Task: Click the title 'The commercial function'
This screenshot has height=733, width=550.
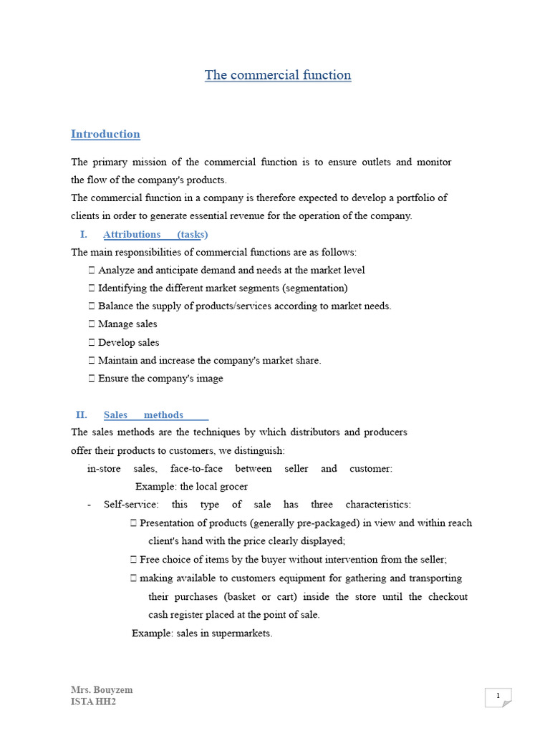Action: pyautogui.click(x=278, y=75)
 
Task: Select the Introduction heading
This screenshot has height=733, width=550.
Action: pyautogui.click(x=105, y=134)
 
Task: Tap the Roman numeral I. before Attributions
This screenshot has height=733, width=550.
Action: pyautogui.click(x=83, y=234)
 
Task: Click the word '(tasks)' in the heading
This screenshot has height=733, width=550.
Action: pyautogui.click(x=193, y=234)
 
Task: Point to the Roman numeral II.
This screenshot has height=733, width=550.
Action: pyautogui.click(x=81, y=414)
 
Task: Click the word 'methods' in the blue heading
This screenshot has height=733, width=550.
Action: pyautogui.click(x=163, y=414)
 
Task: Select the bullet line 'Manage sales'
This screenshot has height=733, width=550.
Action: pyautogui.click(x=127, y=324)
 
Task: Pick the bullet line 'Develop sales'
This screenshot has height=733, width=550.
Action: pyautogui.click(x=128, y=342)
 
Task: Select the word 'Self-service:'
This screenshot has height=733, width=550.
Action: pyautogui.click(x=131, y=505)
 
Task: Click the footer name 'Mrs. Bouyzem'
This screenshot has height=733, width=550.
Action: pyautogui.click(x=102, y=690)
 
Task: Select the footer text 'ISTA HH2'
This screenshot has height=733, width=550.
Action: pyautogui.click(x=93, y=702)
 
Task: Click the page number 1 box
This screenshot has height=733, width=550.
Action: pyautogui.click(x=498, y=696)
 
